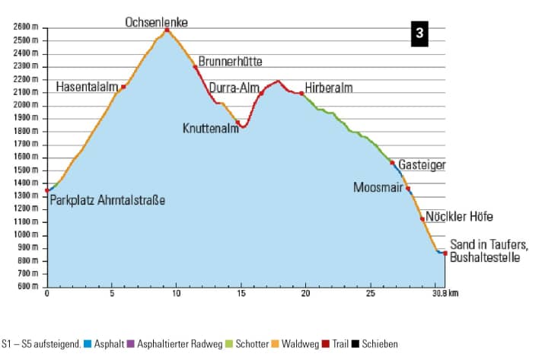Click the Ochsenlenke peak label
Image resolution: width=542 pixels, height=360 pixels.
coord(156,23)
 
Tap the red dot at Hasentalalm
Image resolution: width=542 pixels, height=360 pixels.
coord(123,87)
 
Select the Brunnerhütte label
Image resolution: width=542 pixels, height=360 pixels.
coord(234,61)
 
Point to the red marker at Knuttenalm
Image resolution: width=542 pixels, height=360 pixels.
coord(238,122)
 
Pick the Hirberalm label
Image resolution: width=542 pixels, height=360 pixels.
coord(329,88)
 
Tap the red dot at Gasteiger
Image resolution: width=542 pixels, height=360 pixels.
coord(392,163)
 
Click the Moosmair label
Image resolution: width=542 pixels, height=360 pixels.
coord(378,187)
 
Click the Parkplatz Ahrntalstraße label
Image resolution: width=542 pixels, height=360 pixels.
coord(107,200)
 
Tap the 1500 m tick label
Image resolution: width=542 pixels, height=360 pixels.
coord(25,170)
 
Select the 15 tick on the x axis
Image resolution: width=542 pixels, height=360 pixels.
coord(241,293)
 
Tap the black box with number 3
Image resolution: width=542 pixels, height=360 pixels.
coord(419,34)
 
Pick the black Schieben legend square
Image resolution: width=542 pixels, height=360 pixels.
coord(355,344)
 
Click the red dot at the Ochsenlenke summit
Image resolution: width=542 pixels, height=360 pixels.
coord(167,30)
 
